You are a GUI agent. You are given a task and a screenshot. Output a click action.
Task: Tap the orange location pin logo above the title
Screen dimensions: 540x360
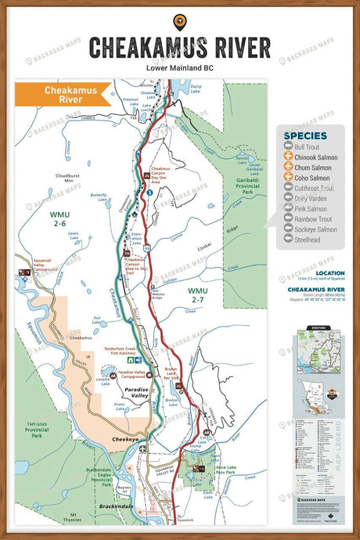click(x=179, y=20)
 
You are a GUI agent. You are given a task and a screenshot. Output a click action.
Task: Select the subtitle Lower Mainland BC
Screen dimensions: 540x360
click(x=179, y=68)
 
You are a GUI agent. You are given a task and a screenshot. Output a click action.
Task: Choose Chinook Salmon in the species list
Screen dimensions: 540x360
click(x=315, y=157)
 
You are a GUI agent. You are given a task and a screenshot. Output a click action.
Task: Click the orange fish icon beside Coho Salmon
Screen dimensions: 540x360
click(x=287, y=178)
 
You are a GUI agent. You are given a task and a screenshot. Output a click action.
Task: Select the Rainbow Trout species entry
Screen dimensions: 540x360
click(x=315, y=219)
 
